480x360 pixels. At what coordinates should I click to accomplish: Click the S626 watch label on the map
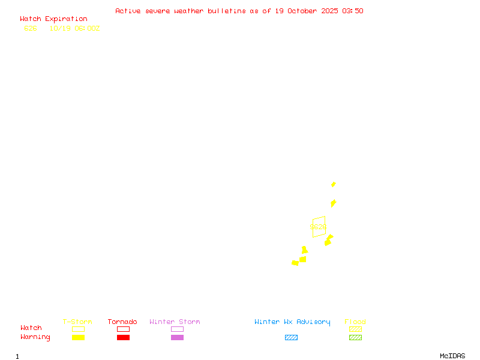coord(318,227)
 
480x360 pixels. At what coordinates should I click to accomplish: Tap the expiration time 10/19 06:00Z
coord(74,28)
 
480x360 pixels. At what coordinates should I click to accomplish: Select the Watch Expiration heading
coord(53,19)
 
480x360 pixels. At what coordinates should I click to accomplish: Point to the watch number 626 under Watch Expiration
coord(31,28)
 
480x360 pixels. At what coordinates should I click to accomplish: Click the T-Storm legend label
coord(77,322)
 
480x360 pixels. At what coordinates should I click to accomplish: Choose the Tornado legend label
coord(122,322)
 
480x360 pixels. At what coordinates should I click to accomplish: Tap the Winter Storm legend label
coord(175,322)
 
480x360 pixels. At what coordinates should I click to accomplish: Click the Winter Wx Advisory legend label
coord(292,322)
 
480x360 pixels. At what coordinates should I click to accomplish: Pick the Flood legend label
coord(355,322)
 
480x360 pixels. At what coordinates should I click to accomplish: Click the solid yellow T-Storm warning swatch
coord(78,338)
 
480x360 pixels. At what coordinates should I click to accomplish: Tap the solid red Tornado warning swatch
coord(123,338)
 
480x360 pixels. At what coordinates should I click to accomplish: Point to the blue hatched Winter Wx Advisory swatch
coord(291,338)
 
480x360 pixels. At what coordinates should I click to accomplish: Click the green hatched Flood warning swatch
coord(355,338)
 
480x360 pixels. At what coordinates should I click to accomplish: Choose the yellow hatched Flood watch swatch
coord(355,329)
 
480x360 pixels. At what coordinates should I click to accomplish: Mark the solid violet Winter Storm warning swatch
coord(177,338)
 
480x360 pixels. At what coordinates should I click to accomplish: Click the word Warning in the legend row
coord(35,337)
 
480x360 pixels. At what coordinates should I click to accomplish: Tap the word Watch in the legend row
coord(31,328)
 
